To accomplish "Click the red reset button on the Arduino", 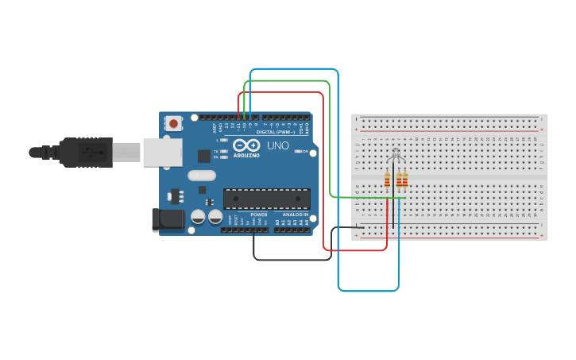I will click(x=173, y=123).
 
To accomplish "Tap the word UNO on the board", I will click(x=278, y=145).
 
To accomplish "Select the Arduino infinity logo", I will click(x=246, y=145).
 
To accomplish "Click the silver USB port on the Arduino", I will click(x=162, y=152).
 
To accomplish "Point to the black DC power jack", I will click(x=167, y=220).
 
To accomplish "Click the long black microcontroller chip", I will click(x=266, y=199).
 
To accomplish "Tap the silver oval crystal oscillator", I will click(x=202, y=176).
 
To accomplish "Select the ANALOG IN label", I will click(x=292, y=215).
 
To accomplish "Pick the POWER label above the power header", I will click(x=259, y=215).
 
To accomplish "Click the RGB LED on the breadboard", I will click(x=395, y=154).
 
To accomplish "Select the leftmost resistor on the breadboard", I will click(x=387, y=180).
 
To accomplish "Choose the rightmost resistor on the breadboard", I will click(x=404, y=180).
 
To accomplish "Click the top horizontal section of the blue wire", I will click(x=294, y=70).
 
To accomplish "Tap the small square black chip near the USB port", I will click(x=204, y=156).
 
